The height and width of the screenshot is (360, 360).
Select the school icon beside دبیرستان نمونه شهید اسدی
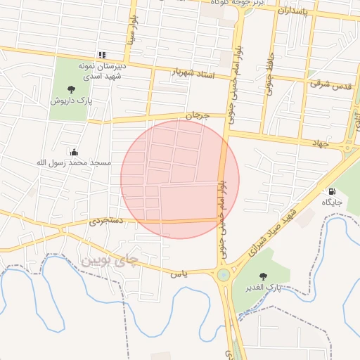(102, 55)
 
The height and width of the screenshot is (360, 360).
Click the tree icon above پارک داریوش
(71, 89)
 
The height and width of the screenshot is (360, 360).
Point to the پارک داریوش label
(71, 101)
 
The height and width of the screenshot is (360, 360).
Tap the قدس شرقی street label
(330, 83)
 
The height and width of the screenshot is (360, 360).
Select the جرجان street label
(198, 115)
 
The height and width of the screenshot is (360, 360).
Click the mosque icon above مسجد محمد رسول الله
(74, 151)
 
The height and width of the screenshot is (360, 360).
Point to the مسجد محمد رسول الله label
(74, 162)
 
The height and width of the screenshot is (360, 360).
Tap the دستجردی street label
(106, 221)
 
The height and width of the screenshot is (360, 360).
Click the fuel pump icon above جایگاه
(331, 191)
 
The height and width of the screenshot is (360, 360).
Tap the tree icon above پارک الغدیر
(264, 276)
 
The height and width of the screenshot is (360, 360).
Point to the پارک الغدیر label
(263, 288)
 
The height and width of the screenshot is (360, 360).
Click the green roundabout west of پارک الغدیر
(224, 275)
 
